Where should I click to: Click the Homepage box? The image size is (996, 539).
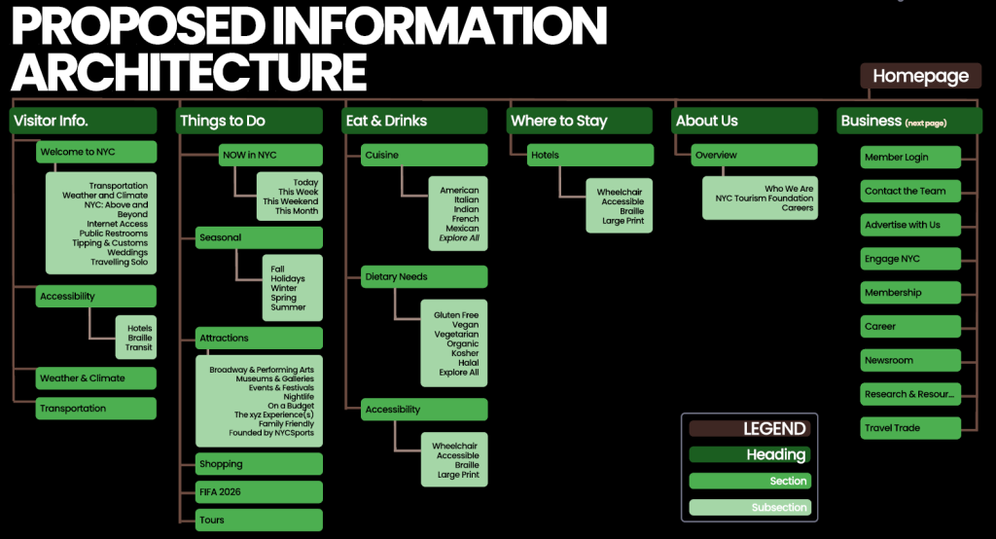920,76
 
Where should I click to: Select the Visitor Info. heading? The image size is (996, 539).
84,121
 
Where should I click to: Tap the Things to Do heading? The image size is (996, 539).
250,121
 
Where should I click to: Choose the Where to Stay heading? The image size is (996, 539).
580,121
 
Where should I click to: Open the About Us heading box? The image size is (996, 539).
745,121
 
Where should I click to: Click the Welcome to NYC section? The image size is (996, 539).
96,152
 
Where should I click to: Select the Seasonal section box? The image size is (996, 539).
259,237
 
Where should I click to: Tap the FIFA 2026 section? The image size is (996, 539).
259,492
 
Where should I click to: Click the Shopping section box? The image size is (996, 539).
259,464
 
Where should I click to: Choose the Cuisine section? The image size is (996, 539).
424,155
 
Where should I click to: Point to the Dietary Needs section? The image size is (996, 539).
424,276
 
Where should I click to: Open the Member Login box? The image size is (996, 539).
910,158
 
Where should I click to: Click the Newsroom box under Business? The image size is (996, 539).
910,361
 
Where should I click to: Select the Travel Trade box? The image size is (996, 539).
910,428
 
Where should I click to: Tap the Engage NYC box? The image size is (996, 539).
910,259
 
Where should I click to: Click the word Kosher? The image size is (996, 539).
466,353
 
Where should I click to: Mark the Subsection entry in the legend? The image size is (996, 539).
749,507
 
